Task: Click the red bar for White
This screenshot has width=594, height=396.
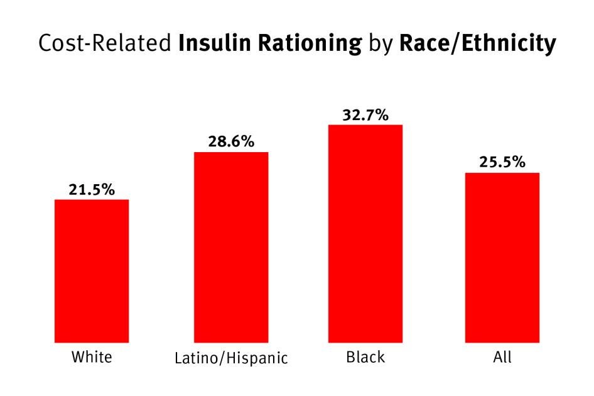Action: pyautogui.click(x=92, y=271)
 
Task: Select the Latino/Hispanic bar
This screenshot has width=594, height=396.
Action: pyautogui.click(x=231, y=247)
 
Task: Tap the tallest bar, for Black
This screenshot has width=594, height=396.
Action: pyautogui.click(x=365, y=233)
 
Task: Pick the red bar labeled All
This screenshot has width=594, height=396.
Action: pyautogui.click(x=502, y=257)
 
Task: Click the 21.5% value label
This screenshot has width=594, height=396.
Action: pyautogui.click(x=92, y=189)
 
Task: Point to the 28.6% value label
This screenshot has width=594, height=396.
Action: pyautogui.click(x=231, y=141)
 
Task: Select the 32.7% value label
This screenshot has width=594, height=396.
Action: pyautogui.click(x=365, y=114)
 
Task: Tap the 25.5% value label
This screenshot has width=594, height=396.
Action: pyautogui.click(x=502, y=162)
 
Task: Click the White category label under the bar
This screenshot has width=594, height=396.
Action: pyautogui.click(x=92, y=358)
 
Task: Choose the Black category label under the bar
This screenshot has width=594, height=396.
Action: pyautogui.click(x=365, y=358)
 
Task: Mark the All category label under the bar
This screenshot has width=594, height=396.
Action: pyautogui.click(x=502, y=358)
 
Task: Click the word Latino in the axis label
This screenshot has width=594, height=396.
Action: pyautogui.click(x=192, y=359)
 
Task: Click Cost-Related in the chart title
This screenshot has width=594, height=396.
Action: pyautogui.click(x=105, y=43)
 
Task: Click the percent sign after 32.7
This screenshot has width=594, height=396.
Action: pyautogui.click(x=381, y=114)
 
